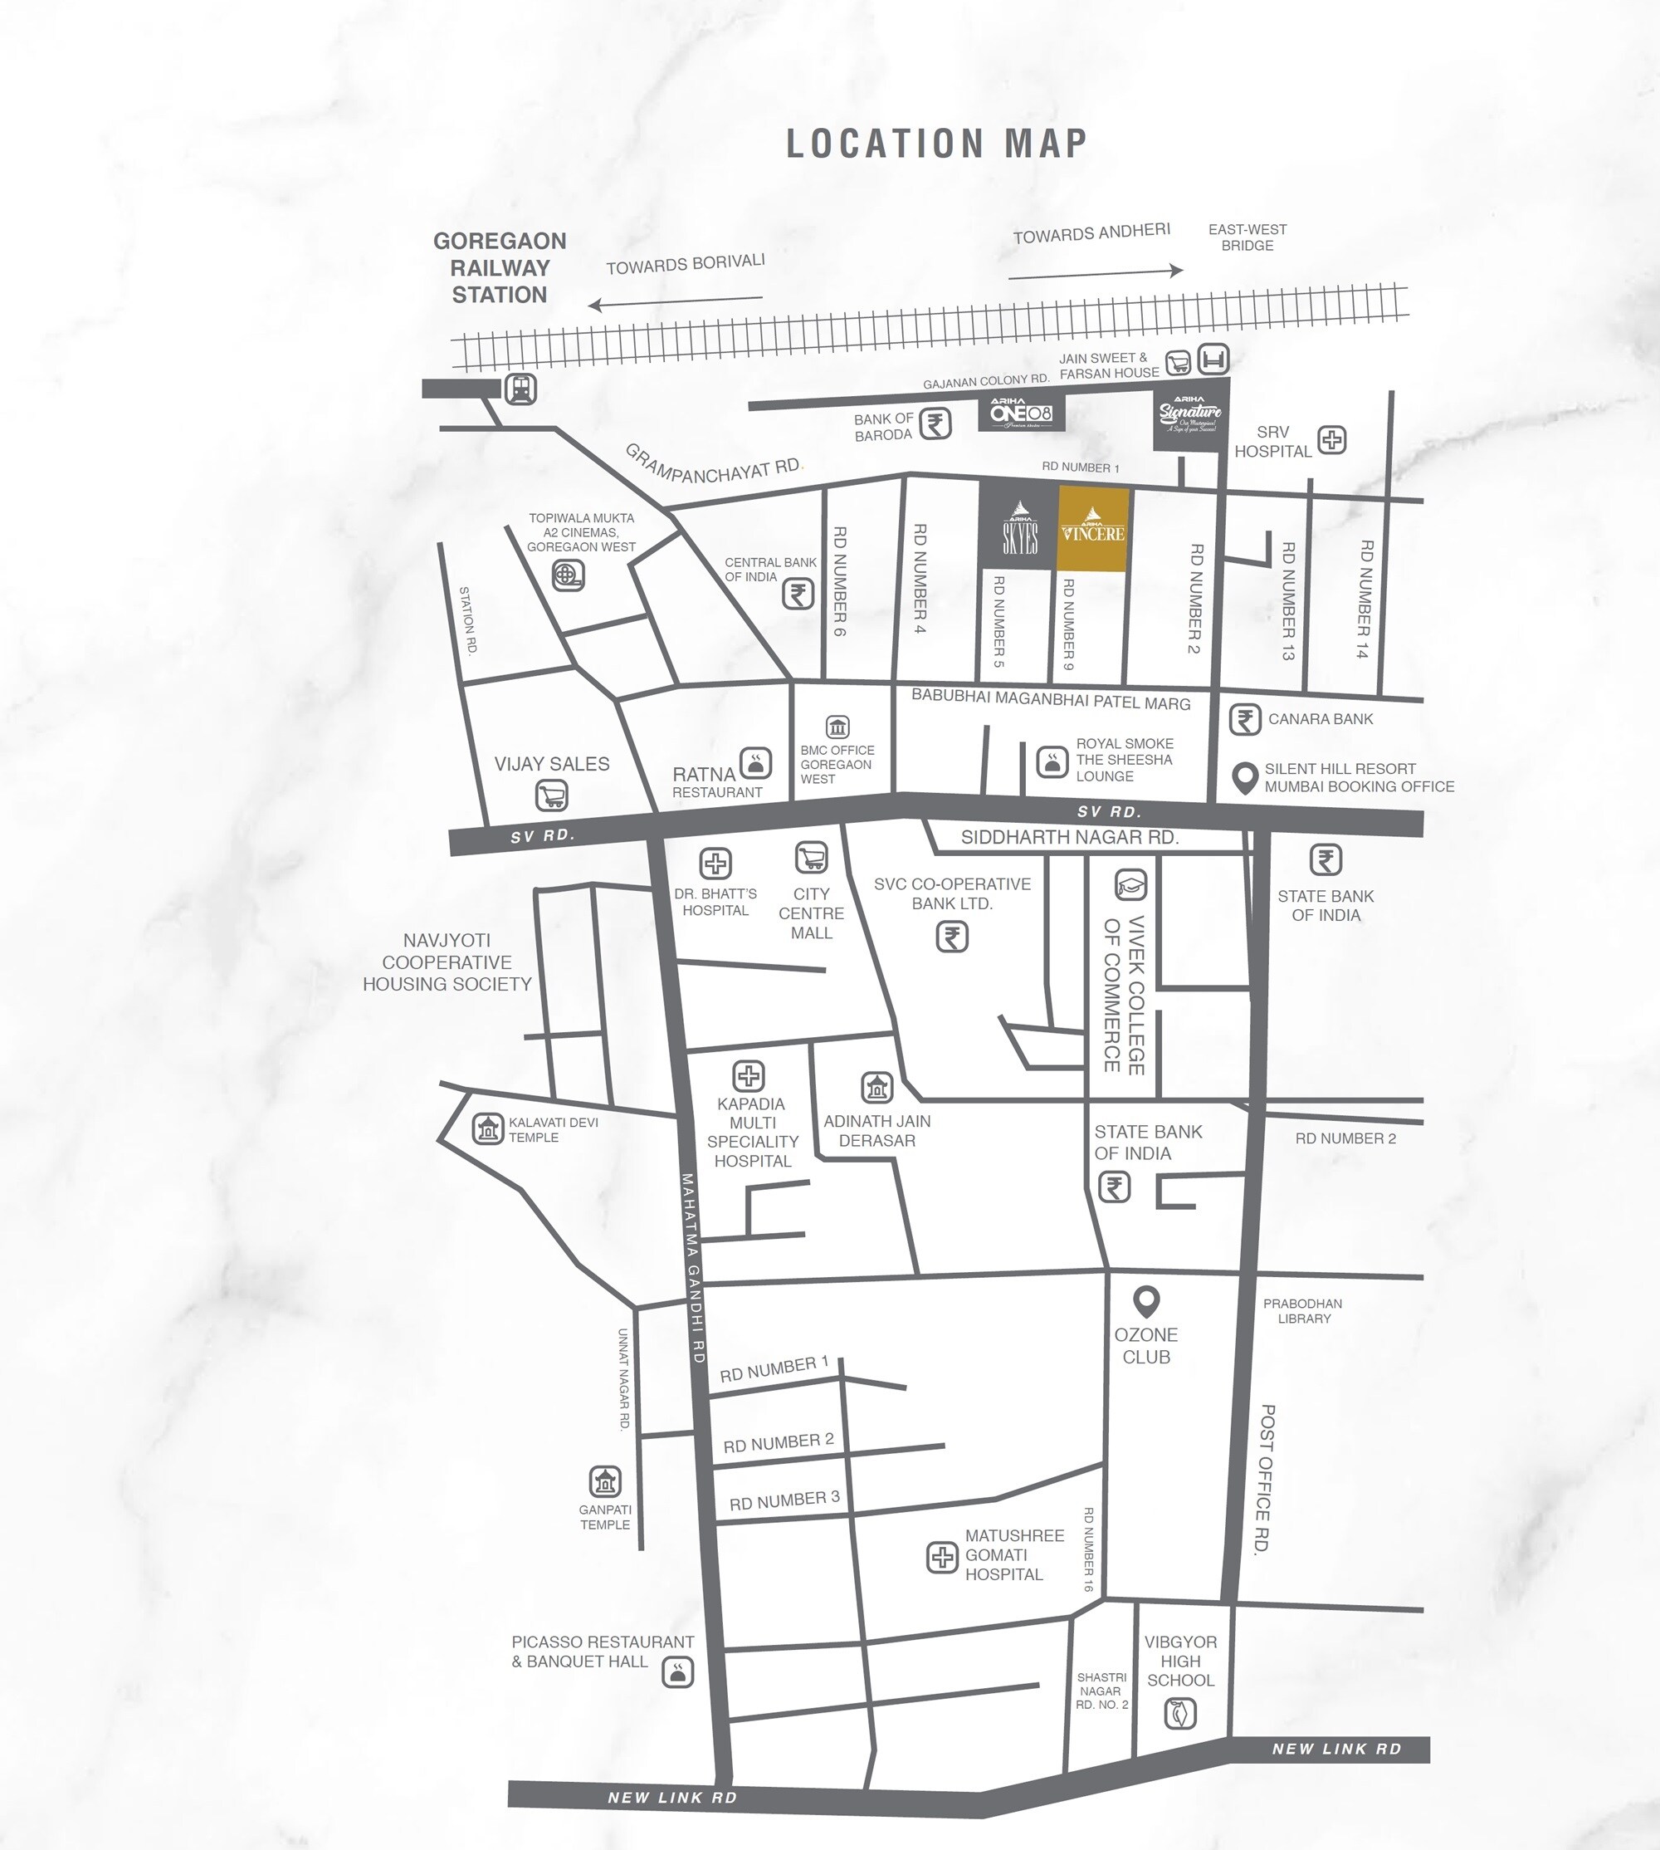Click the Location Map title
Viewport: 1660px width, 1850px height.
(x=937, y=144)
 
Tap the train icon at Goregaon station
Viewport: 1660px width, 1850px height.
(x=520, y=389)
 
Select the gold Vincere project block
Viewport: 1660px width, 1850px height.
(x=1092, y=529)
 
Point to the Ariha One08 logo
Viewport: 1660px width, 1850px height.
(x=1022, y=413)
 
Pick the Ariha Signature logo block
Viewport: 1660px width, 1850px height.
(x=1189, y=415)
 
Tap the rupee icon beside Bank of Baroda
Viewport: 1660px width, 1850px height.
(x=935, y=424)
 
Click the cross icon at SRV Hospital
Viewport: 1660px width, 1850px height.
(x=1331, y=440)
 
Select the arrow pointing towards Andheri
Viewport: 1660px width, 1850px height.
(x=1095, y=272)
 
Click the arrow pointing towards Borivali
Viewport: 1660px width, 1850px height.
(x=675, y=301)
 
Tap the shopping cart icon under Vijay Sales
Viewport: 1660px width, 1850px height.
(x=552, y=796)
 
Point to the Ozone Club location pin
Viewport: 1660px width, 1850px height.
(x=1145, y=1300)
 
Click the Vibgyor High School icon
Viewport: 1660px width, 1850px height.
(x=1180, y=1713)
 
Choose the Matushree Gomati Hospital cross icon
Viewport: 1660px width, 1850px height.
(x=941, y=1558)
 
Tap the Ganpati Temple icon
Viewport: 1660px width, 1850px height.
(x=605, y=1481)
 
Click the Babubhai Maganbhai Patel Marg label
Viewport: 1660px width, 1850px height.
(x=1051, y=701)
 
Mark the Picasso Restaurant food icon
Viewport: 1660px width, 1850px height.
(x=677, y=1671)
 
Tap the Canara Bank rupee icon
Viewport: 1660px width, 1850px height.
(x=1245, y=719)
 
